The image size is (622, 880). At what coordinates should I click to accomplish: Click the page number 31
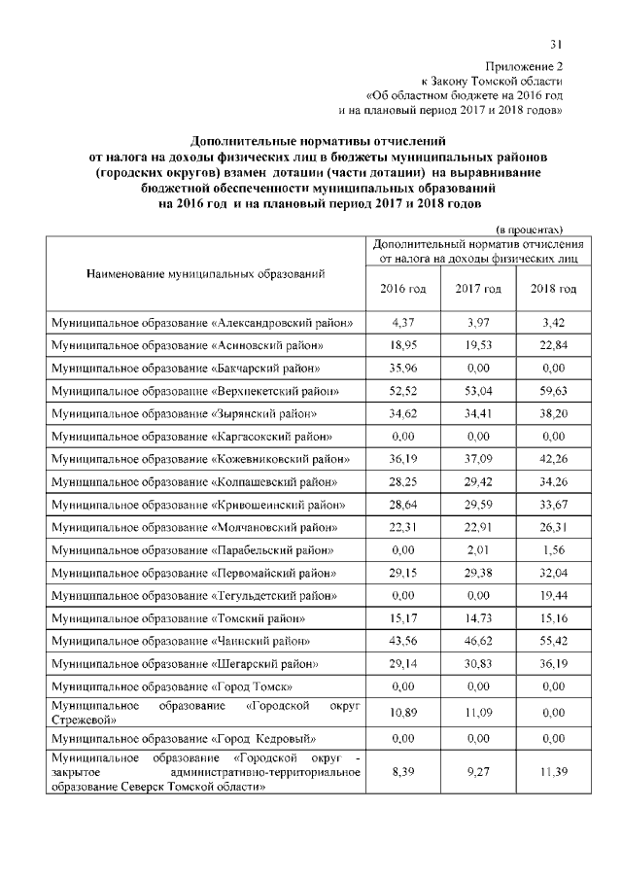[556, 43]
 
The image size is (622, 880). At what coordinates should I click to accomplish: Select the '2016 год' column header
[402, 289]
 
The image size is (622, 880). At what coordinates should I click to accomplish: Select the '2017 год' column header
[478, 289]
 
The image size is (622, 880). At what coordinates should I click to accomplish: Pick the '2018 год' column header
[553, 289]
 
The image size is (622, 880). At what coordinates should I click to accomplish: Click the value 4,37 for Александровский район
[402, 322]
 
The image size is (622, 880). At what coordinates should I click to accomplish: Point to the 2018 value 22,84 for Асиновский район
[553, 345]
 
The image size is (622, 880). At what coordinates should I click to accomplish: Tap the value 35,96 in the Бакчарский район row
[402, 369]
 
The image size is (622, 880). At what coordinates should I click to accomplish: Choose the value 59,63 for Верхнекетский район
[553, 391]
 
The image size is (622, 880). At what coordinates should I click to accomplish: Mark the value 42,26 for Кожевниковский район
[553, 460]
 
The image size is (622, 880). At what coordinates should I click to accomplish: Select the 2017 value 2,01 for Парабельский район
[478, 551]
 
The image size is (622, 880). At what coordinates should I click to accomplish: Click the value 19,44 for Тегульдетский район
[553, 597]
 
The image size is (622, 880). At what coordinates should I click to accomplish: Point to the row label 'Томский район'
[180, 619]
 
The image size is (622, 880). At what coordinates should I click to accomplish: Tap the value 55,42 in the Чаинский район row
[553, 643]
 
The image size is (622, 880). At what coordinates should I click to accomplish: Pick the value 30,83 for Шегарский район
[478, 666]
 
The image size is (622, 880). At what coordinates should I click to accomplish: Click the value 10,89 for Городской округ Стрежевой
[402, 714]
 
